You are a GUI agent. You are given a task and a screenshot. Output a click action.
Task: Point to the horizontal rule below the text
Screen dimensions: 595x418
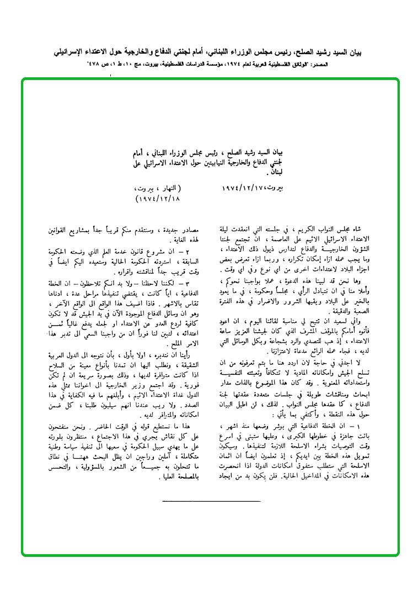(211, 501)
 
